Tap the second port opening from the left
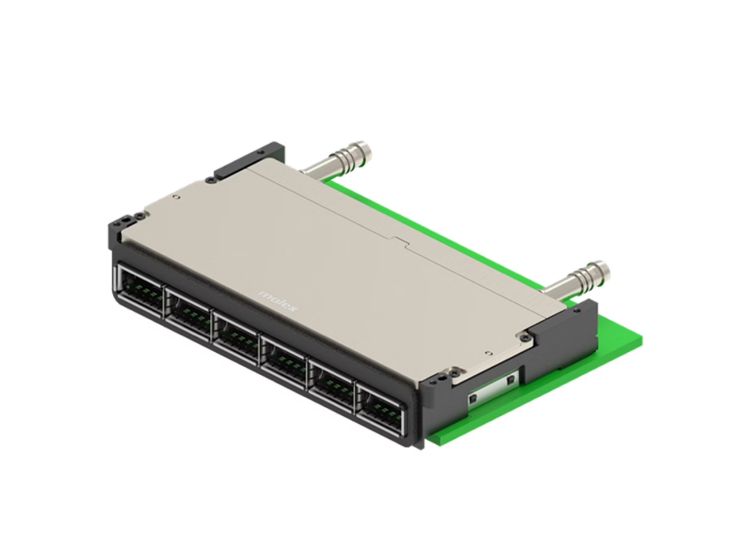coord(188,312)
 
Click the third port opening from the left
coord(236,335)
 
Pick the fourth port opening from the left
coord(284,359)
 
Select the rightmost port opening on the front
coord(380,407)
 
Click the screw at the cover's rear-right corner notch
coord(524,337)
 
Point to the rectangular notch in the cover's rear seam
coord(401,241)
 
